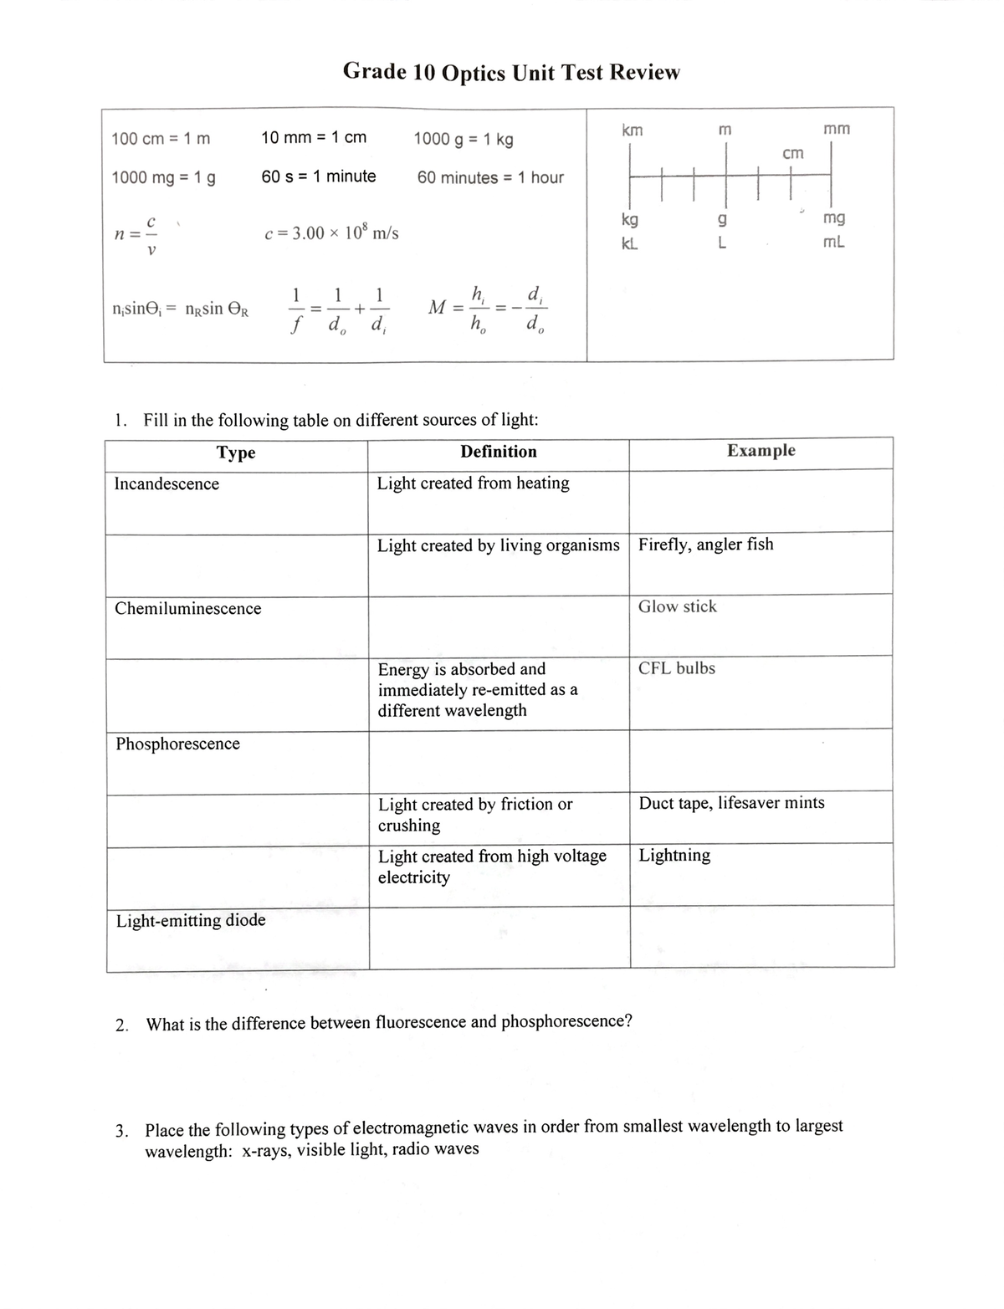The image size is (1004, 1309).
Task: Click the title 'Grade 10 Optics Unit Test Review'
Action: [x=511, y=73]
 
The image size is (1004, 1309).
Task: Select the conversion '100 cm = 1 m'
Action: [x=161, y=139]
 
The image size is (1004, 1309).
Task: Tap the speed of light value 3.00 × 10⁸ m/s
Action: [x=331, y=233]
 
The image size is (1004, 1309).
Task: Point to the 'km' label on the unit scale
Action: [x=633, y=130]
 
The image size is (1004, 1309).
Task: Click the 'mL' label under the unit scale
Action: [x=833, y=243]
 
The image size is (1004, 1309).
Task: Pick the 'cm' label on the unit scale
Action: [x=792, y=153]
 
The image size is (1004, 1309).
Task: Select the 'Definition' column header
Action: [x=499, y=452]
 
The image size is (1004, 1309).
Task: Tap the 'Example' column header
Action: [x=761, y=451]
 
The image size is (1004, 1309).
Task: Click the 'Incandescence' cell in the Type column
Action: [x=166, y=484]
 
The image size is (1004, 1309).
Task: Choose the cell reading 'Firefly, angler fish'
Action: [x=705, y=545]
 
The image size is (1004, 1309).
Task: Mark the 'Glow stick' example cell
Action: [x=677, y=606]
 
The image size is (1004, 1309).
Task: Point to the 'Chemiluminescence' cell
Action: [x=187, y=609]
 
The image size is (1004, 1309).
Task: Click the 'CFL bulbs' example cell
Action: [x=676, y=668]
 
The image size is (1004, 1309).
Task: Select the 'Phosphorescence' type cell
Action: [x=177, y=744]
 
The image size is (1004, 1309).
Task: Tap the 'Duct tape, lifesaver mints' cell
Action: [x=731, y=803]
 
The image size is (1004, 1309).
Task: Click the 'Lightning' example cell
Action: [x=674, y=855]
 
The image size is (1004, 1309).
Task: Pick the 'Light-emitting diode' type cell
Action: [x=191, y=920]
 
